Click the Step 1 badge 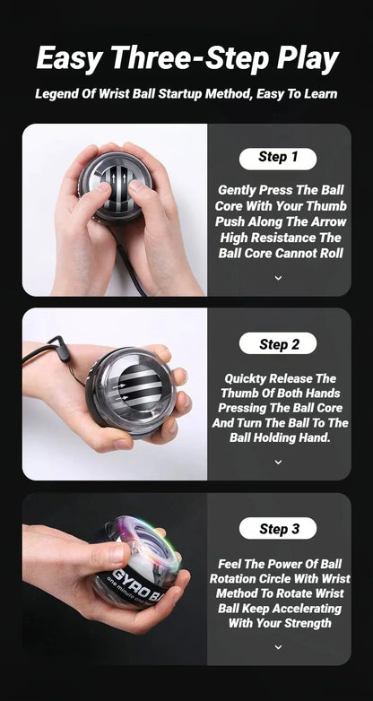coord(278,158)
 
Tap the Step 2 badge coord(278,343)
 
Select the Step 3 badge coord(278,529)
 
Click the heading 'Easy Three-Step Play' coord(186,59)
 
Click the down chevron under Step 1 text coord(278,278)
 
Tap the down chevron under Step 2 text coord(278,462)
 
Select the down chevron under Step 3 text coord(278,646)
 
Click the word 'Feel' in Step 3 coord(233,565)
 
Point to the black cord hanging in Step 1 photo coord(134,269)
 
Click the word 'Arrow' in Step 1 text coord(323,222)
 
